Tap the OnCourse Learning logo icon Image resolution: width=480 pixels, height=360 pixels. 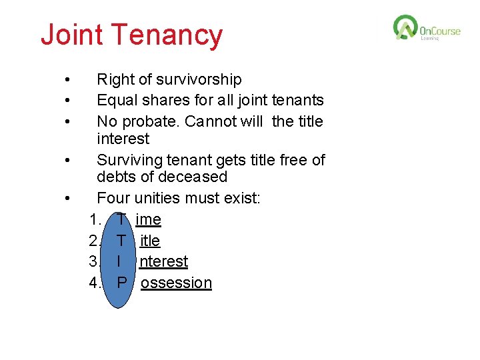click(x=405, y=28)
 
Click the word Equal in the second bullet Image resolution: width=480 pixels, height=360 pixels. click(x=116, y=101)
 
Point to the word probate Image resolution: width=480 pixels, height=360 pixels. click(x=151, y=121)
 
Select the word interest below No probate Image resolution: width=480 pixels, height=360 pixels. click(x=123, y=139)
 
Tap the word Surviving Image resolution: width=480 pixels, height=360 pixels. click(x=129, y=160)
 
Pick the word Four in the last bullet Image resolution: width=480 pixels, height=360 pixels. click(x=113, y=198)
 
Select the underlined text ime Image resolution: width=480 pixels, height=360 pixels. click(x=148, y=219)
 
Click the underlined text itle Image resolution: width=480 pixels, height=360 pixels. click(x=150, y=240)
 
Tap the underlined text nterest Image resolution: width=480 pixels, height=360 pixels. click(x=163, y=261)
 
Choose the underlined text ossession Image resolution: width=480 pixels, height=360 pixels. click(x=176, y=283)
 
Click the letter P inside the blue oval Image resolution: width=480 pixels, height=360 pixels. click(x=121, y=283)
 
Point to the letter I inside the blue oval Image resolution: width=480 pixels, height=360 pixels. click(x=119, y=261)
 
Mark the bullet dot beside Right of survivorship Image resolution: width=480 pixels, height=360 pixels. click(x=68, y=80)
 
